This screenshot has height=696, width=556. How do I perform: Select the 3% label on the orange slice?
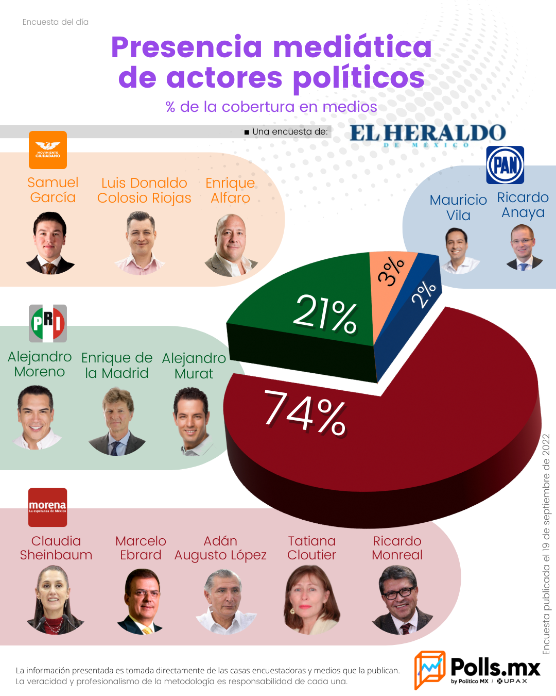click(391, 271)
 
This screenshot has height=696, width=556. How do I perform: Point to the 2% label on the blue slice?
click(424, 294)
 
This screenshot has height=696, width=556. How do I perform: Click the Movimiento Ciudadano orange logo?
click(48, 150)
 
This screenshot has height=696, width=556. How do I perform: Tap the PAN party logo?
click(505, 164)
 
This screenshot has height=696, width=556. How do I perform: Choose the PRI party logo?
click(48, 323)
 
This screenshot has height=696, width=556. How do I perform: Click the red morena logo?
click(48, 507)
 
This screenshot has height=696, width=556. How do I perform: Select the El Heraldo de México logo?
click(428, 135)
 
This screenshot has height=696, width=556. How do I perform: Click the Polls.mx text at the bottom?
click(495, 667)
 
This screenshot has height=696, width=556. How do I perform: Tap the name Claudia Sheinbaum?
click(56, 548)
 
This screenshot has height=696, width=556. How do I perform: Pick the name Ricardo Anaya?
click(523, 205)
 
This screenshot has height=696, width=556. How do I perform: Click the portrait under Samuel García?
click(50, 243)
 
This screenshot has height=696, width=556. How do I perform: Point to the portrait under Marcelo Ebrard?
click(141, 601)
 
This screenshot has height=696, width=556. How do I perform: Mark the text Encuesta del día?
click(56, 22)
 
